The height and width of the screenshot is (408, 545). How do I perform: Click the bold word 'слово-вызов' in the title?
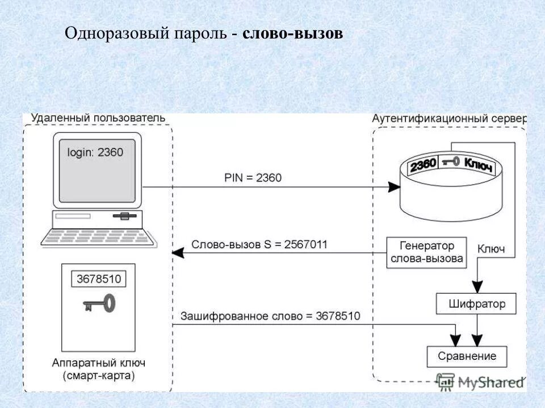click(292, 34)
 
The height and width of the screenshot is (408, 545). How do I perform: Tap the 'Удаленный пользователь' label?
click(98, 118)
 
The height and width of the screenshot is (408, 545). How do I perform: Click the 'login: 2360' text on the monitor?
click(95, 152)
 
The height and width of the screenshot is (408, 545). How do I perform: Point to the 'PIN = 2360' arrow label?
click(253, 178)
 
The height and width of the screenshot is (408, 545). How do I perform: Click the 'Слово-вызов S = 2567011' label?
click(259, 245)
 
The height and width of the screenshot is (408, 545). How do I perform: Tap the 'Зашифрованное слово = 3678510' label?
click(270, 316)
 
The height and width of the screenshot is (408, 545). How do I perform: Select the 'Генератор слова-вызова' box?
click(426, 253)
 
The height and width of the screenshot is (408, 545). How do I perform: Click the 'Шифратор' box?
click(477, 304)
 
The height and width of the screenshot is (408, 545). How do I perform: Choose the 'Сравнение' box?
click(467, 356)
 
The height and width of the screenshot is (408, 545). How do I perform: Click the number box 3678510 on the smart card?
click(99, 279)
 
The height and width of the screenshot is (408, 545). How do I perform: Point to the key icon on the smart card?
click(99, 304)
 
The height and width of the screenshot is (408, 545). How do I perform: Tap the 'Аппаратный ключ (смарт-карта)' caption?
click(98, 369)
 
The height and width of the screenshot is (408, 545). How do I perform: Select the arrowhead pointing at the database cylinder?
click(392, 187)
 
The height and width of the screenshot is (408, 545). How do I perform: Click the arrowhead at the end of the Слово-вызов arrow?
click(177, 252)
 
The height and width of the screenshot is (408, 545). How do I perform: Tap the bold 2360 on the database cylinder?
click(423, 165)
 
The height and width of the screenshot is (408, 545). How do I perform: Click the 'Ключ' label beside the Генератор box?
click(491, 249)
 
